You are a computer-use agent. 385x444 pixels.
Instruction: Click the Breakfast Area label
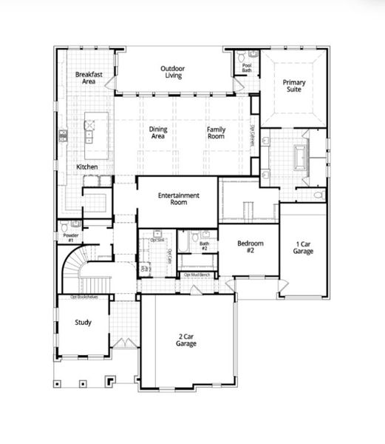click(x=88, y=78)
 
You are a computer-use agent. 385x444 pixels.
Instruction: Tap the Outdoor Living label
click(x=172, y=73)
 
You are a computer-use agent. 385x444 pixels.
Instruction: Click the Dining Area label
click(x=158, y=132)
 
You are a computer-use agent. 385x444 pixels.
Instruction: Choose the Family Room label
click(x=215, y=132)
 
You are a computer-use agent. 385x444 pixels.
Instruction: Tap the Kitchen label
click(x=87, y=167)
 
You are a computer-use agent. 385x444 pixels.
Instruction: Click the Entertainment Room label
click(x=178, y=199)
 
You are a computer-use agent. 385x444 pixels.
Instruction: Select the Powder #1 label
click(x=70, y=238)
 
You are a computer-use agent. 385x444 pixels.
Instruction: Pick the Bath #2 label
click(x=204, y=245)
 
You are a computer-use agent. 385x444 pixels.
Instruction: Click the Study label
click(x=83, y=322)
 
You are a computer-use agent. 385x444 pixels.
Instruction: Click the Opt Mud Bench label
click(x=198, y=275)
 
